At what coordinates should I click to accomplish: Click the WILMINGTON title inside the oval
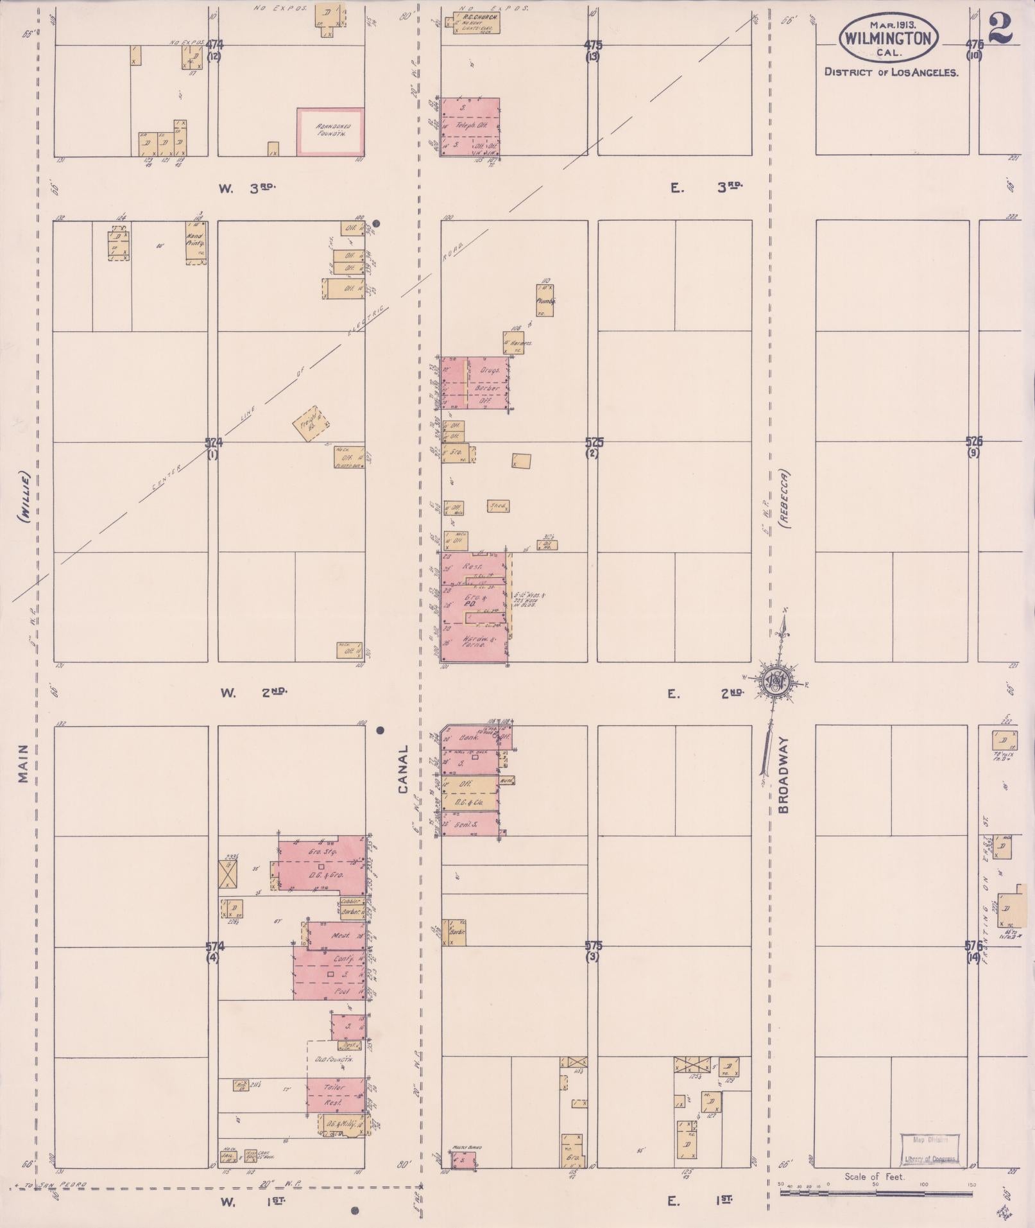tap(888, 38)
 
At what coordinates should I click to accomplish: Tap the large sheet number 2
tap(1000, 28)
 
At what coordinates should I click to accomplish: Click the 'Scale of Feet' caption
tap(875, 1177)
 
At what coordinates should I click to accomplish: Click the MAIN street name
tap(24, 763)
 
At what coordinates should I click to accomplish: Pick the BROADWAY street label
tap(783, 775)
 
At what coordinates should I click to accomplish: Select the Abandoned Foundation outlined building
tap(330, 131)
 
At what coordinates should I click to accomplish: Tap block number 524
tap(213, 442)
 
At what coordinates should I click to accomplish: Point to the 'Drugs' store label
tap(489, 370)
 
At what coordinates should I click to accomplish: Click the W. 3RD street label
tap(247, 188)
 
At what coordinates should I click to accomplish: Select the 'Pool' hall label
tap(341, 991)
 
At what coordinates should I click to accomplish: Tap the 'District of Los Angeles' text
tap(891, 73)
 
